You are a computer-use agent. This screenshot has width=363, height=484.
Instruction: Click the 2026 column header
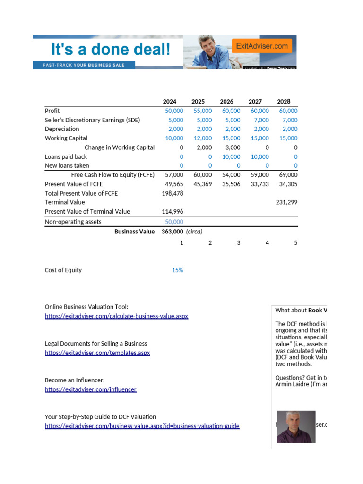(226, 102)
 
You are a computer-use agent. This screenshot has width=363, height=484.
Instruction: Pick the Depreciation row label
(62, 129)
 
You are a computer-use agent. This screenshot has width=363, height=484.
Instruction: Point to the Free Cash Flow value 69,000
(287, 175)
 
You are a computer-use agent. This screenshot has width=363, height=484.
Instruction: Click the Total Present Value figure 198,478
(173, 193)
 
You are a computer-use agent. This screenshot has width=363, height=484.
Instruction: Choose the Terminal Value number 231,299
(286, 202)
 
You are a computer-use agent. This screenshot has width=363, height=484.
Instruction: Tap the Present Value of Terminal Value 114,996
(173, 211)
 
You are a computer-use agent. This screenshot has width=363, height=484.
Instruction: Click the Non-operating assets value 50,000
(174, 222)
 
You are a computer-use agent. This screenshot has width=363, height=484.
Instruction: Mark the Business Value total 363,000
(173, 232)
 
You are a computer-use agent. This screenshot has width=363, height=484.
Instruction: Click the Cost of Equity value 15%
(178, 270)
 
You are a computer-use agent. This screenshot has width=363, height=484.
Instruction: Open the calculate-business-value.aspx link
(116, 316)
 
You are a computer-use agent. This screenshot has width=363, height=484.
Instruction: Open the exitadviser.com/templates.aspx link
(97, 353)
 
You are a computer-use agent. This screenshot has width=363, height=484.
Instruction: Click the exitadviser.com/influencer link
(90, 389)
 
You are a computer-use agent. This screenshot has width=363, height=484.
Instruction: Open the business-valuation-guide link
(142, 426)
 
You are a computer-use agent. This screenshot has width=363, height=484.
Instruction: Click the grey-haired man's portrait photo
(296, 426)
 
